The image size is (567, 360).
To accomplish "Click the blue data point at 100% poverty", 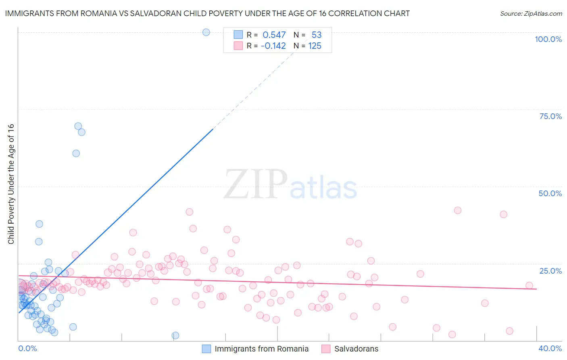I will [206, 32].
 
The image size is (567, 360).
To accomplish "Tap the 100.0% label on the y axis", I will [548, 39].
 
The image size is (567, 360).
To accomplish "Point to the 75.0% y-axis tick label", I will [550, 116].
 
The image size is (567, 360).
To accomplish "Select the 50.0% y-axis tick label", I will [550, 193].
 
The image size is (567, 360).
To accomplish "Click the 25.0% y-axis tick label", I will [550, 270].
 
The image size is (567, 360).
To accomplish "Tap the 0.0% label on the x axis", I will [27, 348].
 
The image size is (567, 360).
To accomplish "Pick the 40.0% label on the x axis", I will [550, 348].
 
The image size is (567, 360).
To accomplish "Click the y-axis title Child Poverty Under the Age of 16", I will [11, 184].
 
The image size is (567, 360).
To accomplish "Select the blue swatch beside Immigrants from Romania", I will [206, 349].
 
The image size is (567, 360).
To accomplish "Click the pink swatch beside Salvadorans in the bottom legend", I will [326, 349].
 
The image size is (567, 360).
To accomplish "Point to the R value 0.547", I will [274, 35].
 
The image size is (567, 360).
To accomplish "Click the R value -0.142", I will [273, 46].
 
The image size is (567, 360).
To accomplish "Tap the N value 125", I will [315, 46].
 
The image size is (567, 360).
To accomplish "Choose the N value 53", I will [317, 35].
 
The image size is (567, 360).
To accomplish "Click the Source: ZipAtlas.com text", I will [531, 13].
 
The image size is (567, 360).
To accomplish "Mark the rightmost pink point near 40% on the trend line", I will [529, 286].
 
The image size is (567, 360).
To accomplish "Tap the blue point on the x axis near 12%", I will [175, 335].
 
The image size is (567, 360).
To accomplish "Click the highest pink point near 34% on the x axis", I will [458, 210].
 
